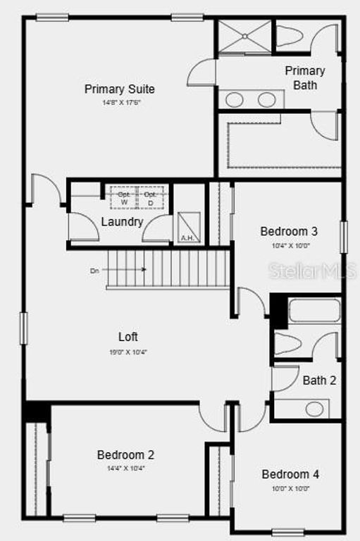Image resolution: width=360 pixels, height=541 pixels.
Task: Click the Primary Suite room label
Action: (x=120, y=89)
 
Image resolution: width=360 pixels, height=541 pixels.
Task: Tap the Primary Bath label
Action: (x=305, y=77)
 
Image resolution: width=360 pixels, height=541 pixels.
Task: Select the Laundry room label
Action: (x=122, y=222)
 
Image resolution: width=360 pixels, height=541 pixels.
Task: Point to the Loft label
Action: (x=128, y=337)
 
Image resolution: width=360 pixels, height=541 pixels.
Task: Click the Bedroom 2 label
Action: (x=125, y=455)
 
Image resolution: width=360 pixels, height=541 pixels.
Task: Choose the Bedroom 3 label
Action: (x=289, y=231)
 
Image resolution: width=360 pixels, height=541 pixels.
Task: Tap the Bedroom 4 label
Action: (x=290, y=474)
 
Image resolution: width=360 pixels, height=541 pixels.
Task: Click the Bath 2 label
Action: (x=319, y=380)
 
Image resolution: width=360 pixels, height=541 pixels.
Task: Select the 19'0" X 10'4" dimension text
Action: (x=128, y=352)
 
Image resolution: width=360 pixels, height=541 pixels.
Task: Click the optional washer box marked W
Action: (x=124, y=198)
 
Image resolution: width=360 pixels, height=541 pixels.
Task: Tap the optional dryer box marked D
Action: (x=150, y=198)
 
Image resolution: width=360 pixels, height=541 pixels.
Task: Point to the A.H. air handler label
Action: (x=187, y=238)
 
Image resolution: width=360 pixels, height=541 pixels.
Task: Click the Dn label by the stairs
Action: (x=94, y=270)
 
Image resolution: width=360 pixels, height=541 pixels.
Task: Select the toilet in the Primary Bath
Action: (x=292, y=35)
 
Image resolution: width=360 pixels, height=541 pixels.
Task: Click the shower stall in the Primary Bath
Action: (x=244, y=37)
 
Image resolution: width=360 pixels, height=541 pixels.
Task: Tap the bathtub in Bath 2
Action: (x=314, y=311)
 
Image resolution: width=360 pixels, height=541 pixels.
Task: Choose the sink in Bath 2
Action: (x=314, y=409)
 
